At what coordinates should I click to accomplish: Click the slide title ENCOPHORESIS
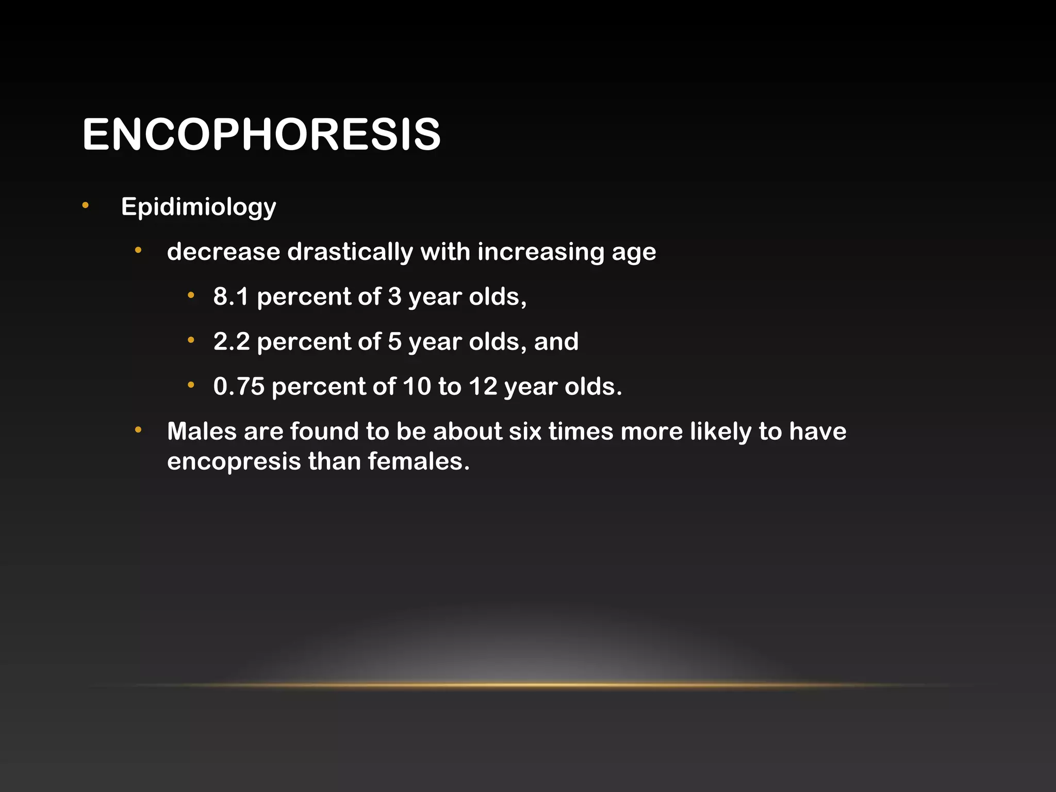pos(261,135)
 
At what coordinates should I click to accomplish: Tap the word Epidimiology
pos(199,207)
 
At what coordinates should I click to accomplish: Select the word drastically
pos(350,252)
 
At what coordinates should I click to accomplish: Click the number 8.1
pos(231,297)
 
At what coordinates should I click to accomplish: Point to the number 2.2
pos(231,342)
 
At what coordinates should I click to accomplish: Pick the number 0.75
pos(239,387)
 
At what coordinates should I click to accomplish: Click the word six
pos(525,432)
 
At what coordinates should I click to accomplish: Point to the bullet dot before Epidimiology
pos(86,206)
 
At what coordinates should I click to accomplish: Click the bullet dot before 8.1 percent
pos(191,295)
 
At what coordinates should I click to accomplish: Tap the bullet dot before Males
pos(138,430)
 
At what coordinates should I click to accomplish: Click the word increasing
pos(541,252)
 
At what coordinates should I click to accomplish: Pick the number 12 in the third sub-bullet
pos(483,387)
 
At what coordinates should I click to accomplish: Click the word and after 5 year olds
pos(556,342)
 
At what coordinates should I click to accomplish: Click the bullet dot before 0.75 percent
pos(191,385)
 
